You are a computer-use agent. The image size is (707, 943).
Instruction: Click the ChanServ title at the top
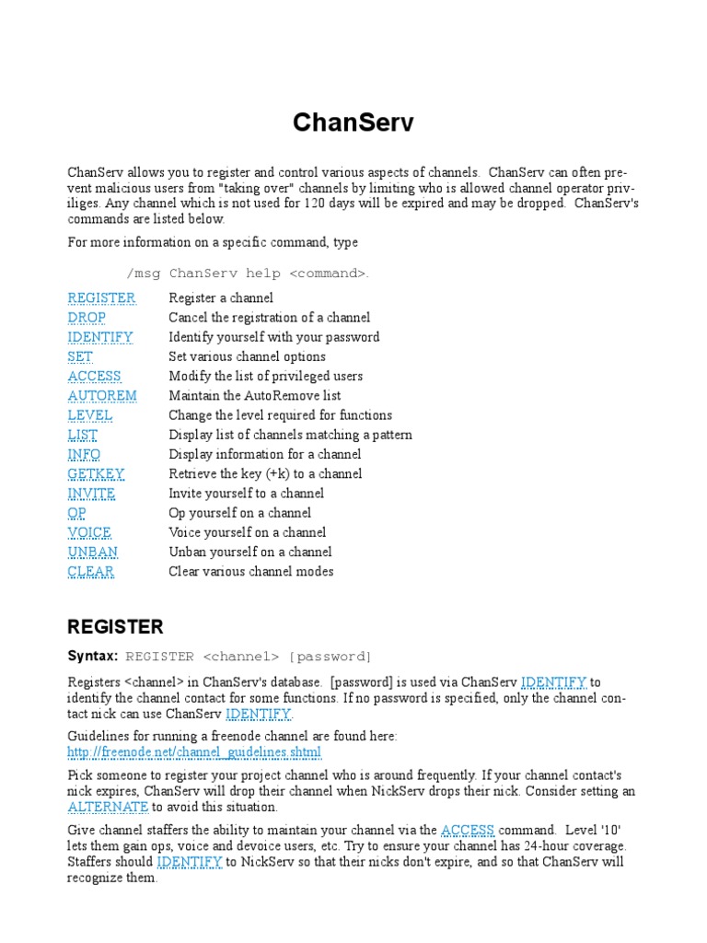[x=353, y=122]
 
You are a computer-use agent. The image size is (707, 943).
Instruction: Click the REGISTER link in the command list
[x=101, y=297]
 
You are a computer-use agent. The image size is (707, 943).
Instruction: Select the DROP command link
[x=87, y=317]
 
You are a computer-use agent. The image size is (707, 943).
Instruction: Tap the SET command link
[x=80, y=356]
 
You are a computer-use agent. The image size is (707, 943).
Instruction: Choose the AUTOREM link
[x=102, y=395]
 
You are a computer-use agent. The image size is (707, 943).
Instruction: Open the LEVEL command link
[x=90, y=414]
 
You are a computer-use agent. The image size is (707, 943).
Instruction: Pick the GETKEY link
[x=96, y=473]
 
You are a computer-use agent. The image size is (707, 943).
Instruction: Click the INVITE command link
[x=91, y=493]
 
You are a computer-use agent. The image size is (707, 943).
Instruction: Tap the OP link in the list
[x=76, y=513]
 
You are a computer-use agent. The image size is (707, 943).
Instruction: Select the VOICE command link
[x=89, y=532]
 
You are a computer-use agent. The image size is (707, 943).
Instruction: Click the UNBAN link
[x=92, y=552]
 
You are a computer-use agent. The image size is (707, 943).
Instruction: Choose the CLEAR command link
[x=90, y=571]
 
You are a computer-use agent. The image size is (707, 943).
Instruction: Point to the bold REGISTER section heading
[x=115, y=627]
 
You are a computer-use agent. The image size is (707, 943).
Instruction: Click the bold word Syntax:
[x=92, y=656]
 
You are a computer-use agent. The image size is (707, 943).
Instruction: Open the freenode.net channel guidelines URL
[x=194, y=751]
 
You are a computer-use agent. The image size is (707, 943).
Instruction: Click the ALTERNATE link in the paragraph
[x=108, y=807]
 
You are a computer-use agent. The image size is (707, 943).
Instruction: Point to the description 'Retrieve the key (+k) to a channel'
[x=265, y=473]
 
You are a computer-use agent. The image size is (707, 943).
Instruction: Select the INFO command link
[x=84, y=454]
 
